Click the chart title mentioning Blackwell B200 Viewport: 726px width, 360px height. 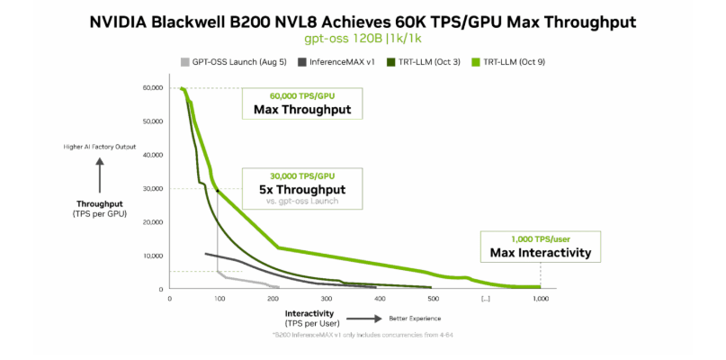(363, 21)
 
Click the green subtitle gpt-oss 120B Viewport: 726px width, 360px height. (363, 40)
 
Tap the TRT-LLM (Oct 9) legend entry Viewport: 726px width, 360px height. (511, 62)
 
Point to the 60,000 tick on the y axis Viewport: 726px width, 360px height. (152, 87)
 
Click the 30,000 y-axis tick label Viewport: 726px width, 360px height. (152, 188)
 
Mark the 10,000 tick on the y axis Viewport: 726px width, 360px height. (152, 256)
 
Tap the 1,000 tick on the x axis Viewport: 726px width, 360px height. (540, 298)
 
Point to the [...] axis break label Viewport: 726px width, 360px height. (486, 298)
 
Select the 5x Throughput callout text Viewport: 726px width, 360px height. (301, 190)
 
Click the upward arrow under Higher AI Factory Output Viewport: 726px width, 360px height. (99, 167)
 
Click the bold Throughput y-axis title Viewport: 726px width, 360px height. (99, 204)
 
